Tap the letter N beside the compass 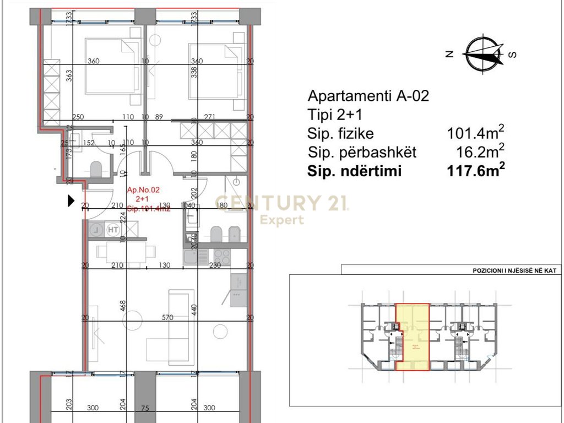449,54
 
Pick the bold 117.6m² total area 476,171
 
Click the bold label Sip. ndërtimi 354,171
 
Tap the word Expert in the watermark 281,220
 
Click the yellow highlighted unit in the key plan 413,336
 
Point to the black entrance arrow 70,201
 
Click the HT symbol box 113,229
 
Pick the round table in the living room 220,332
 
